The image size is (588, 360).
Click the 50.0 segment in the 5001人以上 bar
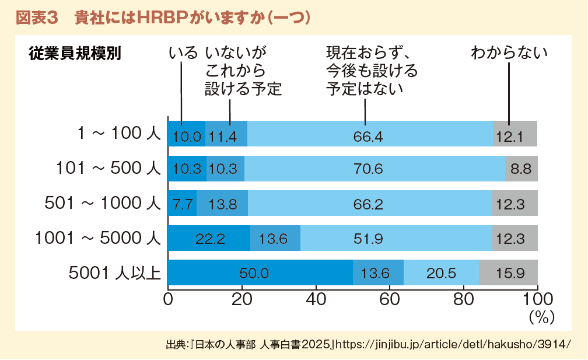tap(260, 272)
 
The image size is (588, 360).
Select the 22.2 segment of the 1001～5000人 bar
tap(209, 238)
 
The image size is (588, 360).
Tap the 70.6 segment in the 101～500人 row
tap(374, 169)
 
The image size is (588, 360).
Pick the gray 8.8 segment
tap(521, 169)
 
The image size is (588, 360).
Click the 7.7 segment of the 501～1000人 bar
tap(182, 204)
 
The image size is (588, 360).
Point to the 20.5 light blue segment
tap(441, 272)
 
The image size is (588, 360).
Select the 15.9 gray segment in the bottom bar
tap(508, 272)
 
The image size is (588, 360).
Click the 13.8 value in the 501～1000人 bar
tap(222, 204)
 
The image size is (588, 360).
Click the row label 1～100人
tap(119, 134)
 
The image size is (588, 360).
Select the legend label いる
tap(183, 54)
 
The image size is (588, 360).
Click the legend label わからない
tap(509, 54)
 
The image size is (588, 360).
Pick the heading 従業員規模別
tap(74, 54)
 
